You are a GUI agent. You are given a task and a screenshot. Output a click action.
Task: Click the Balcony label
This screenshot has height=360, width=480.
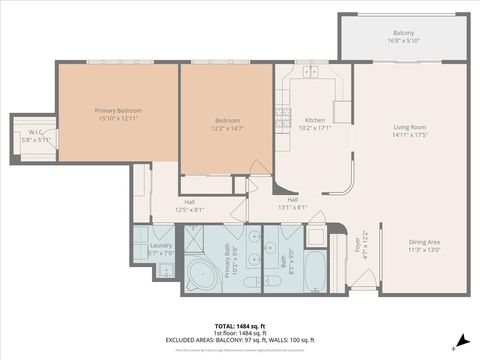(403, 37)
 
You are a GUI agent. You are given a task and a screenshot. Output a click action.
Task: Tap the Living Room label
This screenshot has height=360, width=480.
(410, 130)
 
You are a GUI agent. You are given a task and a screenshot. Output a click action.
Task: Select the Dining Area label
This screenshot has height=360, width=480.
(424, 245)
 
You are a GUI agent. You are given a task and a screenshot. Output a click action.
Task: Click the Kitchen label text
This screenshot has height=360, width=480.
(315, 124)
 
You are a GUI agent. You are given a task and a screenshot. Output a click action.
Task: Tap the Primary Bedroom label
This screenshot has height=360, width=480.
(118, 113)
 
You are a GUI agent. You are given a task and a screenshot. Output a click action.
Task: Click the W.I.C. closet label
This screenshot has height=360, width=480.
(35, 135)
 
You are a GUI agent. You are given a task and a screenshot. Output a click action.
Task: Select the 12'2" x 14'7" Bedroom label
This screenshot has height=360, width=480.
(227, 124)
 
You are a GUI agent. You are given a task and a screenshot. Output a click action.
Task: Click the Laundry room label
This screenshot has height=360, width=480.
(160, 248)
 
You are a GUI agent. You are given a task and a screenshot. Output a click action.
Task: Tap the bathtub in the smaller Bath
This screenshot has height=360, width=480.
(314, 271)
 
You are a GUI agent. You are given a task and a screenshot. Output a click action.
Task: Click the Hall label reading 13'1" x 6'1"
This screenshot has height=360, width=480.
(293, 202)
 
